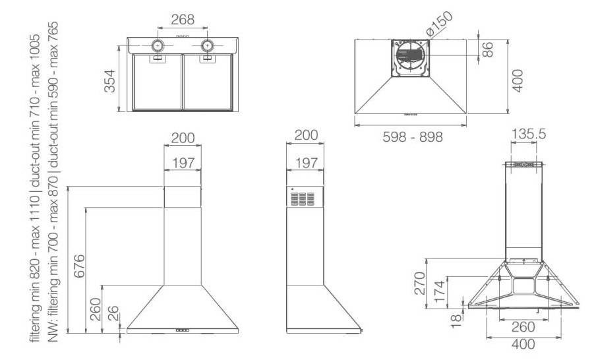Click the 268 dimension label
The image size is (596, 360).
point(183,19)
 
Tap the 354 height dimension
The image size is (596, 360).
point(110,81)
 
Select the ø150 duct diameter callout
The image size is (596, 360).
point(439,24)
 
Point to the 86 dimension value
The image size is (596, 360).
point(487,49)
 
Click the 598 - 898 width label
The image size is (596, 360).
point(413,137)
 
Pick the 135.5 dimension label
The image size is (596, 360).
point(528,134)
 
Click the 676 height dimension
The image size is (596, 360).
point(79,266)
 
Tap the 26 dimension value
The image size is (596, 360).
point(113,314)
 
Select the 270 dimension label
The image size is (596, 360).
point(419,284)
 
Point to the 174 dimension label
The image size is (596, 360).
point(440,291)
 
